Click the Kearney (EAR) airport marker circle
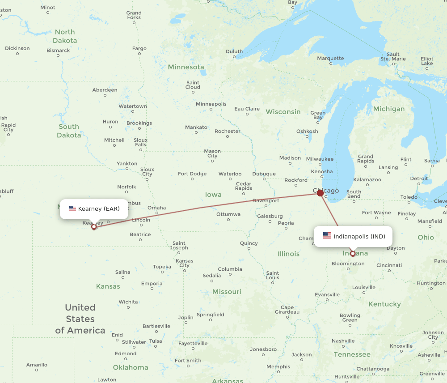tap(94, 227)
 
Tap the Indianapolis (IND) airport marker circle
tap(353, 254)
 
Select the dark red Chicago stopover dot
tap(320, 193)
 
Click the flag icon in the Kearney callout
tap(72, 209)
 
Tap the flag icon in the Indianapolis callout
tap(327, 236)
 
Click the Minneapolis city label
tap(211, 104)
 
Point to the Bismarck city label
tap(58, 51)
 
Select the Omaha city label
tap(156, 208)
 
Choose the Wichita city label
tap(128, 302)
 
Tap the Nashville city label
tap(343, 341)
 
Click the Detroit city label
tap(419, 179)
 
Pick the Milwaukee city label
tap(320, 159)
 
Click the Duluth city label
tap(234, 51)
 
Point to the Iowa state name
tap(213, 195)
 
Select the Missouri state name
tap(227, 292)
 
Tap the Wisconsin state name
tap(283, 112)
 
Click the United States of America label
tap(80, 319)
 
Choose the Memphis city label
tap(278, 367)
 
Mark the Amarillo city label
tap(37, 365)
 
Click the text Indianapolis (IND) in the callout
tap(359, 236)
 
